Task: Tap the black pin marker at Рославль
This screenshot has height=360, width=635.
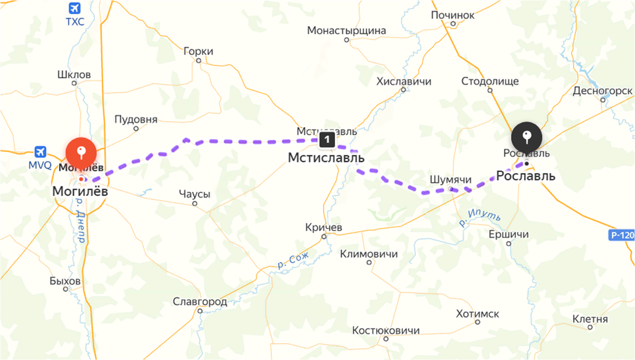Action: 527,137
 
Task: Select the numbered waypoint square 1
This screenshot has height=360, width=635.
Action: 327,140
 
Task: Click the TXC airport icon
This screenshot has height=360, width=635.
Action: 75,8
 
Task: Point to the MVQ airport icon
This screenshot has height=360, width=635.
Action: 40,152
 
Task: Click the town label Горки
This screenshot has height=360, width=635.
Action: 198,51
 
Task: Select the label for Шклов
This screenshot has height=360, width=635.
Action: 74,75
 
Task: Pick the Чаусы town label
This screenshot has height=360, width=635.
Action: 194,194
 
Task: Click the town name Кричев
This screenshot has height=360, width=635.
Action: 324,227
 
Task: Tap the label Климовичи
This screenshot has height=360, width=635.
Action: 369,254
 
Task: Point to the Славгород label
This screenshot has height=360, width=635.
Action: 200,302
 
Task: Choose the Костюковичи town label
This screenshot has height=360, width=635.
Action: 386,330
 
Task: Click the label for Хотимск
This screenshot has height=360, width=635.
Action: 477,314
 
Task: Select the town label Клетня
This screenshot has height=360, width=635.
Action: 590,319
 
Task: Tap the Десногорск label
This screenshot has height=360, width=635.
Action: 603,91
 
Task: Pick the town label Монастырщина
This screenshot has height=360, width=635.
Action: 347,31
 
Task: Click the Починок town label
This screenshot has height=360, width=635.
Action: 452,15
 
